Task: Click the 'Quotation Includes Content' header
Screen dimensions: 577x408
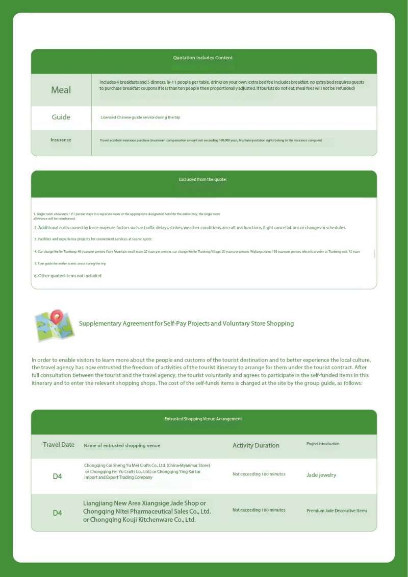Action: [203, 58]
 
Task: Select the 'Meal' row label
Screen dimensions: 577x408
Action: [61, 90]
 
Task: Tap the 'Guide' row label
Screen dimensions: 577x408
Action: [61, 117]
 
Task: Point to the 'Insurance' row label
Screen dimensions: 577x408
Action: [61, 140]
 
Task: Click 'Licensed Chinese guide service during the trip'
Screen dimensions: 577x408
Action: [140, 117]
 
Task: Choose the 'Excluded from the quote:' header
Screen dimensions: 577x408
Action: [203, 180]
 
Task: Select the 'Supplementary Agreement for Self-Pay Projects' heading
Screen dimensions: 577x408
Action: [186, 324]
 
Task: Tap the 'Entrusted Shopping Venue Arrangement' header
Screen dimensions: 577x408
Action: [203, 419]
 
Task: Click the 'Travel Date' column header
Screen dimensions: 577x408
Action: [59, 445]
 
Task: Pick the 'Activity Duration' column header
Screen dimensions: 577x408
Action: [256, 446]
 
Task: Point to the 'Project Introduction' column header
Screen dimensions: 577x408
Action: [323, 444]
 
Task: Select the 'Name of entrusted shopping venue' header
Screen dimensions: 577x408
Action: [122, 446]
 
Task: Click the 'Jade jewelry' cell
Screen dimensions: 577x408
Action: [321, 475]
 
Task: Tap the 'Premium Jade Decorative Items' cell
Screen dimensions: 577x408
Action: [337, 511]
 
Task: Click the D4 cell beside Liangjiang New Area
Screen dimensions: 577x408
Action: [58, 513]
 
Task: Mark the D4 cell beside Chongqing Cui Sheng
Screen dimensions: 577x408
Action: [58, 477]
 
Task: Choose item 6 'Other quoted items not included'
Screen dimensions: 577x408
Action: [68, 276]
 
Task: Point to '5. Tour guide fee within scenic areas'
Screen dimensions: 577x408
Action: [70, 263]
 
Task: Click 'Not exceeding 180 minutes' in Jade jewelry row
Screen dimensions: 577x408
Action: [259, 474]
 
